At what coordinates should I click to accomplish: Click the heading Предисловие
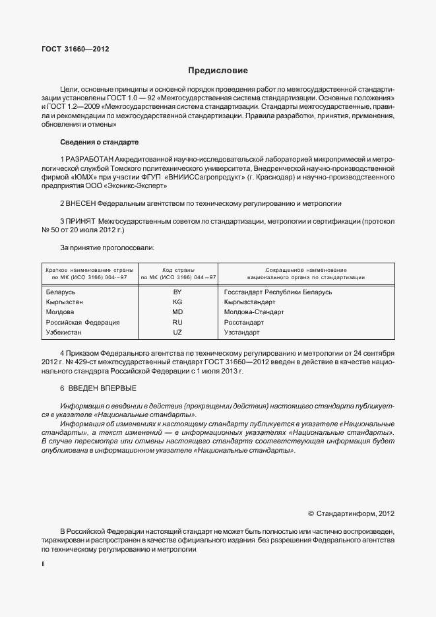(218, 71)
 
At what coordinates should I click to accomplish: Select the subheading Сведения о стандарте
(99, 142)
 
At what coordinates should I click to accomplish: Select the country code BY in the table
(177, 292)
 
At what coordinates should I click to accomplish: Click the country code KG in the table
(177, 302)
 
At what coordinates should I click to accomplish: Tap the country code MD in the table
(177, 311)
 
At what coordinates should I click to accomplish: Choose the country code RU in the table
(177, 322)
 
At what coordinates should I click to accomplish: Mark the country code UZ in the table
(177, 332)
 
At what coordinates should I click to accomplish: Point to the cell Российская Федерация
(82, 322)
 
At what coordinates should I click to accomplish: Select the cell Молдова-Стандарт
(254, 311)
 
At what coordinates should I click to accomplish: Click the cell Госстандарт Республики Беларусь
(278, 292)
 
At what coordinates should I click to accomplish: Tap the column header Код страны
(177, 270)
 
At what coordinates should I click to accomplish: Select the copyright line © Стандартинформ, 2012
(351, 513)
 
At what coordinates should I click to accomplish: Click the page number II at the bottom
(43, 565)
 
